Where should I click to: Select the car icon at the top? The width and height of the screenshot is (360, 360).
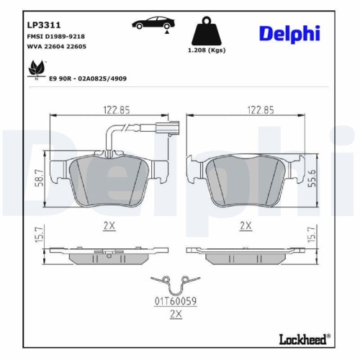tap(150, 24)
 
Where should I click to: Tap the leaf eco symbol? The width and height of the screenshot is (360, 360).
tap(32, 69)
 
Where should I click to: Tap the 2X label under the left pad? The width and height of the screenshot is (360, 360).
tap(109, 225)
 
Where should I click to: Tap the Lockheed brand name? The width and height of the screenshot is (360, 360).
tap(302, 339)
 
